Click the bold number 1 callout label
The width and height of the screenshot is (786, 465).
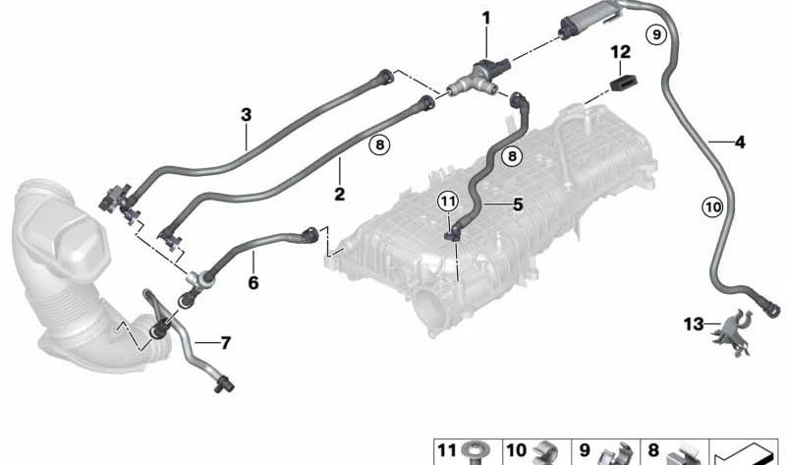pos(485,19)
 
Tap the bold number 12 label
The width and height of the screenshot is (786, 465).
pos(620,52)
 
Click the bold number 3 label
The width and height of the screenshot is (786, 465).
pos(246,115)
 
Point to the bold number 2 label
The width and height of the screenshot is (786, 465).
pos(339,194)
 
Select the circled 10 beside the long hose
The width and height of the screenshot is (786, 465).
pos(712,206)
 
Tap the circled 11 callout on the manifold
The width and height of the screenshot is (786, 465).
pos(448,202)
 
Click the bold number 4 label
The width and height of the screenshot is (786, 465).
pos(740,143)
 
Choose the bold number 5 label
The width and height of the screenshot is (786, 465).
pos(518,204)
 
